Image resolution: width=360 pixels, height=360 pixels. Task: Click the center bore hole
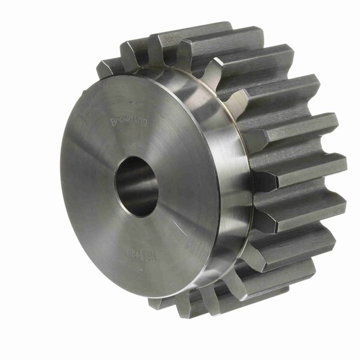click(136, 185)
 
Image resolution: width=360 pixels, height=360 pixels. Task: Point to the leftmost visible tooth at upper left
click(108, 66)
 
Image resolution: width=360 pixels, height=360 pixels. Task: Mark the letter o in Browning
click(122, 121)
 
